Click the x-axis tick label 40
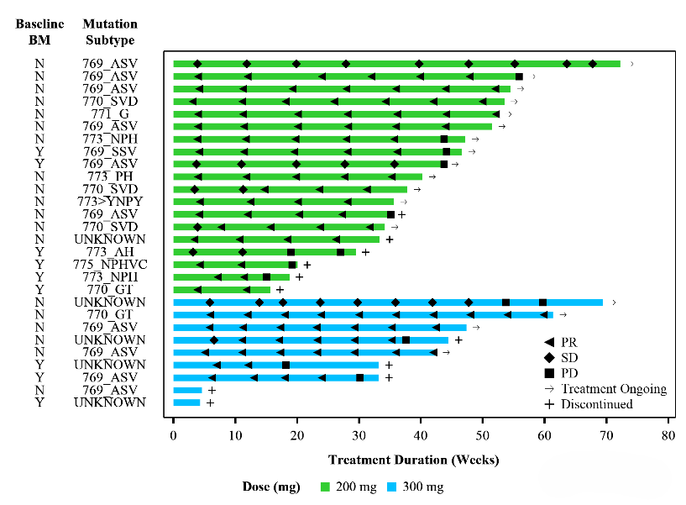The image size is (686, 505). [x=421, y=436]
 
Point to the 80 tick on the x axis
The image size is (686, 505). [x=668, y=436]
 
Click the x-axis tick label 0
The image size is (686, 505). [x=174, y=436]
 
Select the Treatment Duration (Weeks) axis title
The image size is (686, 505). [x=414, y=460]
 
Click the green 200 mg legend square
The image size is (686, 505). [x=326, y=487]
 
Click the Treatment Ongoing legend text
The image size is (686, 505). [x=614, y=388]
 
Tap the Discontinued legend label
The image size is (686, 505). [x=597, y=404]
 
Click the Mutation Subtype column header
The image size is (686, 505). [x=110, y=32]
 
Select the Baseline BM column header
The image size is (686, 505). [x=39, y=32]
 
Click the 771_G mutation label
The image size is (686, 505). [x=110, y=113]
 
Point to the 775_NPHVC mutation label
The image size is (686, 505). [x=110, y=264]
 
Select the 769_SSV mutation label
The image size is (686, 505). [x=110, y=151]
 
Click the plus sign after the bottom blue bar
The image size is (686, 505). [x=210, y=402]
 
